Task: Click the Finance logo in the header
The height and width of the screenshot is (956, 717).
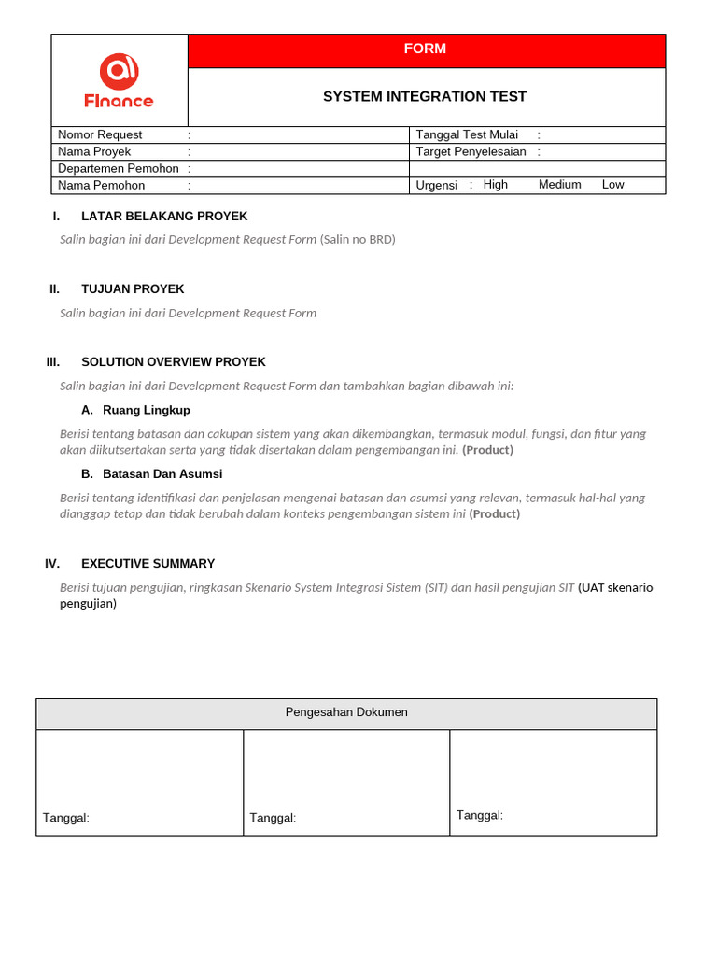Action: (x=119, y=80)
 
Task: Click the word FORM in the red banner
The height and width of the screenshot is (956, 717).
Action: (x=425, y=49)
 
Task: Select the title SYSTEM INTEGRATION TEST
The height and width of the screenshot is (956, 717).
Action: (x=425, y=96)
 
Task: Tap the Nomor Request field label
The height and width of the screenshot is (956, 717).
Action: (x=100, y=134)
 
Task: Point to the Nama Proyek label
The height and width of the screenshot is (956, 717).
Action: (x=94, y=151)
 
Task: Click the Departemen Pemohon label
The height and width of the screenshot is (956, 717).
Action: (x=119, y=168)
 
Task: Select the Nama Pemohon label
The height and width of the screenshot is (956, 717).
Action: (x=101, y=185)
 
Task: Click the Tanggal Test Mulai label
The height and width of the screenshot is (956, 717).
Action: (x=467, y=134)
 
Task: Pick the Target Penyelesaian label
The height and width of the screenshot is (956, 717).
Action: (x=471, y=151)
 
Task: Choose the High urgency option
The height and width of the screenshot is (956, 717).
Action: (x=496, y=185)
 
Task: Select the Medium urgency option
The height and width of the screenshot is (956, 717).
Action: (x=559, y=185)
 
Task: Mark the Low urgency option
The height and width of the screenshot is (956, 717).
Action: (x=612, y=185)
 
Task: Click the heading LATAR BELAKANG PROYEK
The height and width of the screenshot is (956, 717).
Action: (x=164, y=216)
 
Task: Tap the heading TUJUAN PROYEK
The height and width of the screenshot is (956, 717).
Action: (x=133, y=288)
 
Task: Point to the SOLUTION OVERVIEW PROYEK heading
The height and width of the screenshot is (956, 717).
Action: (x=174, y=361)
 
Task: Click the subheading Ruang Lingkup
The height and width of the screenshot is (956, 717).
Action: (x=146, y=410)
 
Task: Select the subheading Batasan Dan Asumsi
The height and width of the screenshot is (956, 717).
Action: (x=162, y=473)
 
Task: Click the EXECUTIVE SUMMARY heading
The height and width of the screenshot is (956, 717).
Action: (x=148, y=563)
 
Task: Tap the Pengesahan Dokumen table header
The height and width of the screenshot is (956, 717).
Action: (x=346, y=712)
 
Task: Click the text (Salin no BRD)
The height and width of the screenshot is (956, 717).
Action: (x=358, y=239)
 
